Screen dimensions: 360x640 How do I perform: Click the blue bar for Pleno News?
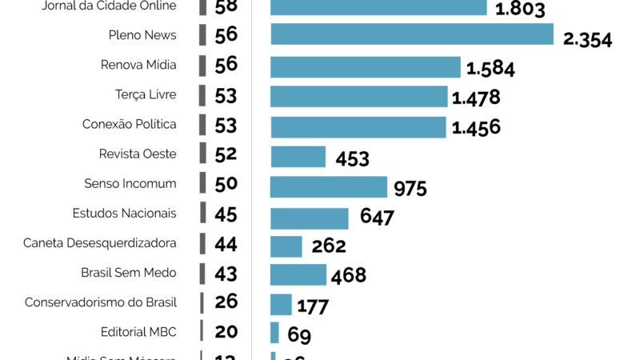point(412,34)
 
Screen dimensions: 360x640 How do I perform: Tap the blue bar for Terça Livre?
point(358,97)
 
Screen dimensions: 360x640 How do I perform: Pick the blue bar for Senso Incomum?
point(329,186)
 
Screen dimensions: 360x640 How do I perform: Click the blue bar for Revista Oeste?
point(298,156)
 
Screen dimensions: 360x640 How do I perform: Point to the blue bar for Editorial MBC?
point(274,333)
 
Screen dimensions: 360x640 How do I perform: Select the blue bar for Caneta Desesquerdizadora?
point(286,246)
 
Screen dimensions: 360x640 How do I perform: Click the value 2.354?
point(587,39)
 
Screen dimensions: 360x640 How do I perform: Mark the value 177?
point(313,306)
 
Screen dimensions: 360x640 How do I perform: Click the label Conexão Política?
point(129,125)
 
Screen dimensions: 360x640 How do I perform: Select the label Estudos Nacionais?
point(124,214)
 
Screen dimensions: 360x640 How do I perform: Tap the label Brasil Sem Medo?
point(128,273)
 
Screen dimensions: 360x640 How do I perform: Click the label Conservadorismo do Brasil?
point(100,302)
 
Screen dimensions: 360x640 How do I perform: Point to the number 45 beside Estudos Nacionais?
point(226,214)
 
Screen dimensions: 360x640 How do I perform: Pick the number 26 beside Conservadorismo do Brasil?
point(226,302)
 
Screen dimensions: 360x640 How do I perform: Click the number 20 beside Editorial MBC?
point(226,332)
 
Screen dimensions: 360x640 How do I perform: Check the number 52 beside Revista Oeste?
point(226,154)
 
